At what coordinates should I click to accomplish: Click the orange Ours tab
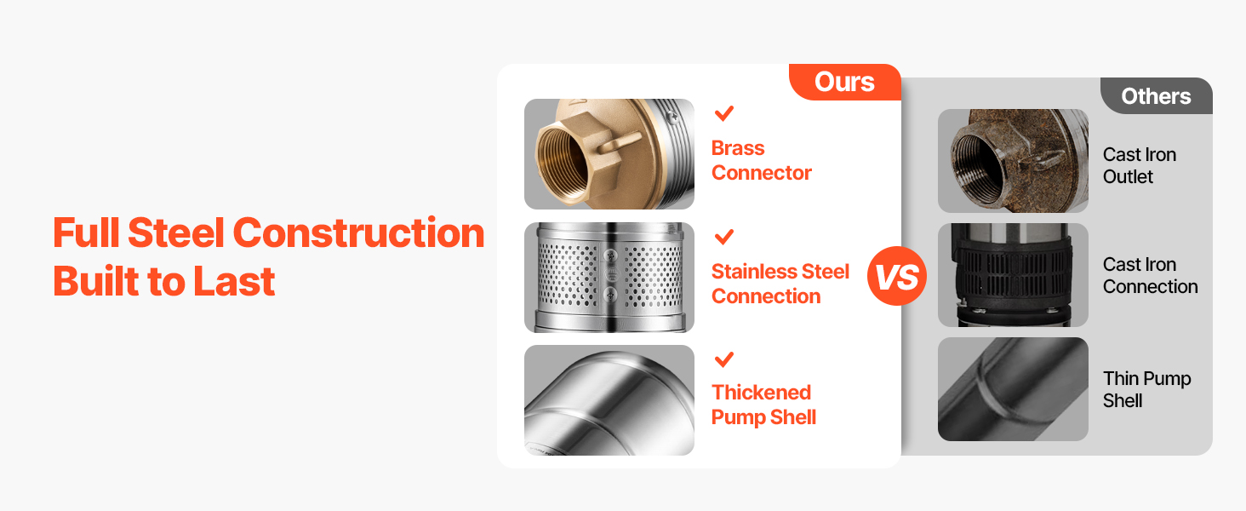tap(845, 82)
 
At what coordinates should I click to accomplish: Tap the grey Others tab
tap(1157, 96)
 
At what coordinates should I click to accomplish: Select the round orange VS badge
tap(897, 276)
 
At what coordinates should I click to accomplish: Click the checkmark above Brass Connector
tap(723, 113)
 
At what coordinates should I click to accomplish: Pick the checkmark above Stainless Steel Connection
tap(723, 237)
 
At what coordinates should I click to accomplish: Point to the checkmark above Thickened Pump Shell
tap(723, 359)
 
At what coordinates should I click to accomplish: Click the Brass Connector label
tap(762, 160)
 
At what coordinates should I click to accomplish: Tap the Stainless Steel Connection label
tap(780, 284)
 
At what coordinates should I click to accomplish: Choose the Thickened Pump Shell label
tap(763, 405)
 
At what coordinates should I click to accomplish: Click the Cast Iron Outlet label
tap(1140, 165)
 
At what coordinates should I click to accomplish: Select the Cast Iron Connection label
tap(1151, 275)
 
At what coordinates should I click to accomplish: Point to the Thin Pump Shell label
tap(1147, 390)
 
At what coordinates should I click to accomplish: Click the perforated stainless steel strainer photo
tap(609, 277)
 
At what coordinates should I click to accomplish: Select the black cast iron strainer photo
tap(1013, 275)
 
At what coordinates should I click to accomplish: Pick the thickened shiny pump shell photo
tap(609, 400)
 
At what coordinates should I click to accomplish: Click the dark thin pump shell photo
tap(1013, 389)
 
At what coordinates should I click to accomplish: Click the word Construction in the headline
tap(359, 233)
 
